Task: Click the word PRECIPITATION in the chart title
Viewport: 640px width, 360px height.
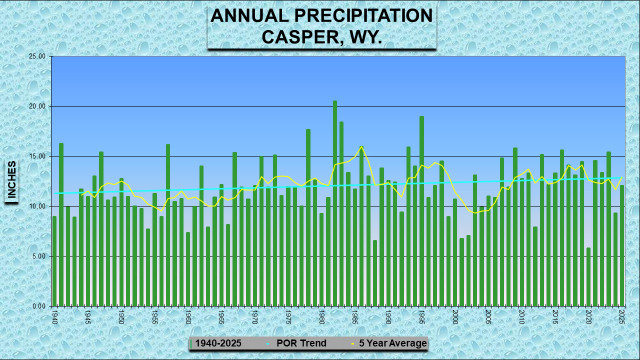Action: click(x=363, y=16)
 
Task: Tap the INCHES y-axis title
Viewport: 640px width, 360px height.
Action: click(x=11, y=180)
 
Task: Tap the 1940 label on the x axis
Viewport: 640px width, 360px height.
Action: click(x=54, y=316)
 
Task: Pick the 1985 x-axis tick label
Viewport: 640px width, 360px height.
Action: click(x=355, y=316)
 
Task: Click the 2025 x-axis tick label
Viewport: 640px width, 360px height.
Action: click(x=622, y=316)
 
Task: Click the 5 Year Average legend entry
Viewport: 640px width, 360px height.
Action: click(x=392, y=343)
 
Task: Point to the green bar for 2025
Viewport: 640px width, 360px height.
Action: click(x=622, y=245)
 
